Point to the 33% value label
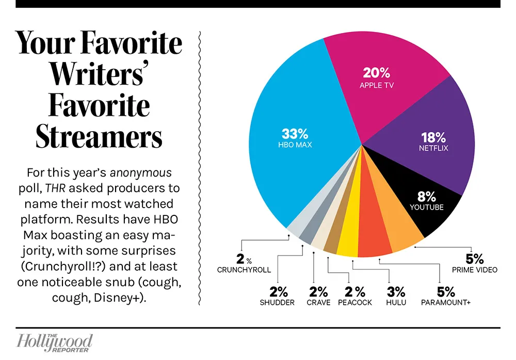[295, 134]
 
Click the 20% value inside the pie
[377, 73]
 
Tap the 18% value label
[433, 137]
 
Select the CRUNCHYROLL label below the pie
[244, 270]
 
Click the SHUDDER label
[277, 303]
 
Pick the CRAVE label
[318, 303]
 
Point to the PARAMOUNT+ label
[446, 303]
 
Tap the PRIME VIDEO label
[475, 270]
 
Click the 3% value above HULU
[396, 292]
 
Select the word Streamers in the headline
[99, 137]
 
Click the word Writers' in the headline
[98, 74]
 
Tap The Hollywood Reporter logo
[55, 343]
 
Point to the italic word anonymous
[140, 173]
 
